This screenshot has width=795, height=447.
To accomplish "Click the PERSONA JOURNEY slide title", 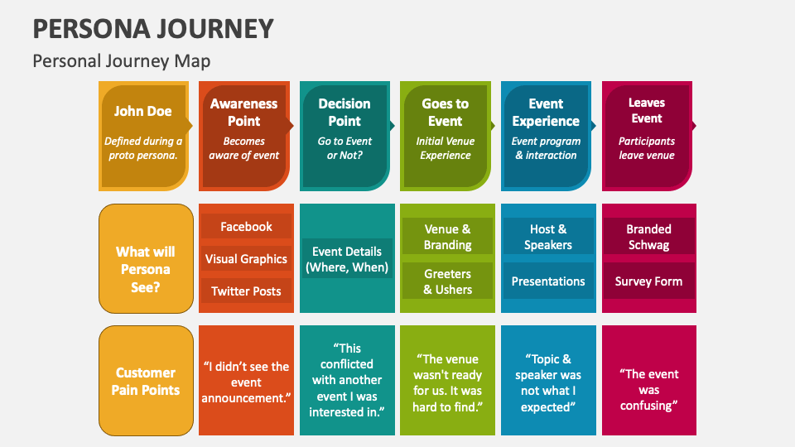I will pos(153,29).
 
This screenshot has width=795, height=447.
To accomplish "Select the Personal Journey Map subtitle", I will pos(121,61).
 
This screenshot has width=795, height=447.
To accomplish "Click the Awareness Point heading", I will pos(243,112).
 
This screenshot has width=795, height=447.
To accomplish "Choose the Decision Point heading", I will pos(344,112).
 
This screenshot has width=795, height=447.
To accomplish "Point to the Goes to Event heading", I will pos(445,112).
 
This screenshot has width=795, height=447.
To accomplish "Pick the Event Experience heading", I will pos(546,112).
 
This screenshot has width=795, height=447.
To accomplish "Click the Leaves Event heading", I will pos(646,110).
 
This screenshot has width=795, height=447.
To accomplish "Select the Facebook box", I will pos(246,227).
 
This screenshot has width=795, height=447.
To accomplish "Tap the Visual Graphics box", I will pos(246,259).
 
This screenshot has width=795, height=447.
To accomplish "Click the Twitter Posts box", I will pos(246,291).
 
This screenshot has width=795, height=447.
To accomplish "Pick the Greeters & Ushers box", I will pos(447,281).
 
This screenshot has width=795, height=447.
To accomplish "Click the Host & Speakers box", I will pos(547,237).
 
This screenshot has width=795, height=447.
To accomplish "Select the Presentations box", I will pos(547,281).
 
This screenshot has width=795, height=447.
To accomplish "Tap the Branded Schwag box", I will pos(648,237).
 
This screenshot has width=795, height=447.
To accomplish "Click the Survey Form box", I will pos(648,281).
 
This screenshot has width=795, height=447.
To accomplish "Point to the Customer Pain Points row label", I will pos(146,381).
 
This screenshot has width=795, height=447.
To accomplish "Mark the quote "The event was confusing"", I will pos(648,389).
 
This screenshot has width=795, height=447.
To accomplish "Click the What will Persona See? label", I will pos(146,269).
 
